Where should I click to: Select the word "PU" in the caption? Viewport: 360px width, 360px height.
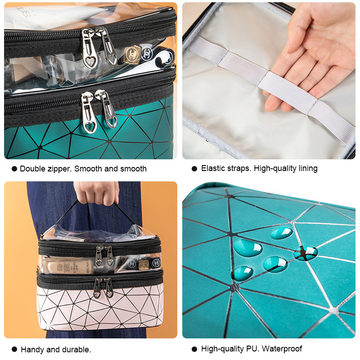(255, 349)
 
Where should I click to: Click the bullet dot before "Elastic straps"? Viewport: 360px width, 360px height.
(194, 169)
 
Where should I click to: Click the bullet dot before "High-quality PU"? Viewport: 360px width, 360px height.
(194, 349)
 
